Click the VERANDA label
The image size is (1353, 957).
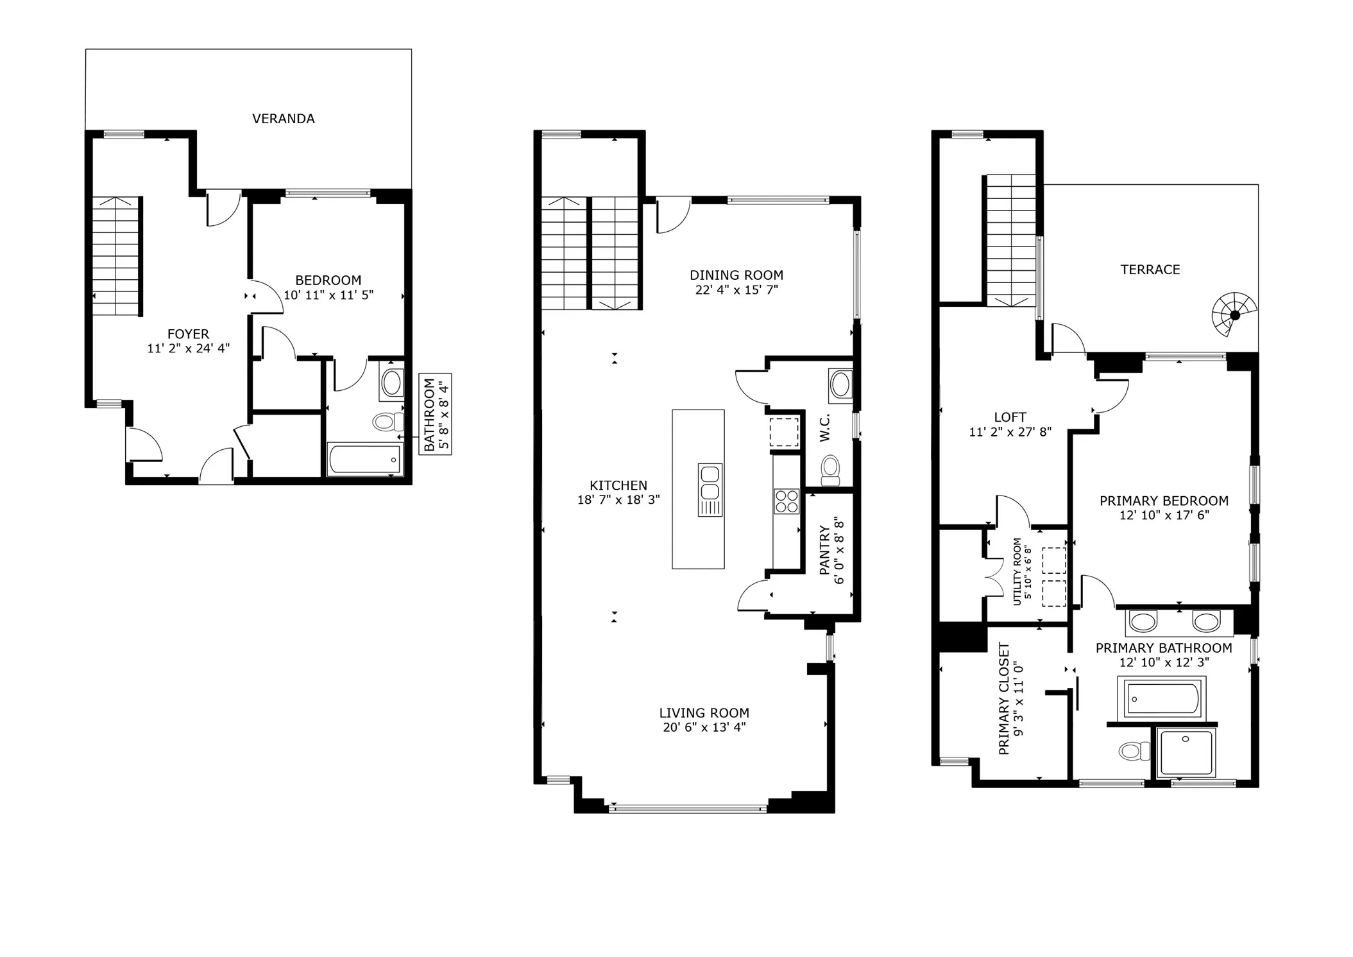point(283,119)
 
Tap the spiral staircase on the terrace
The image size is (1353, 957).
point(1234,315)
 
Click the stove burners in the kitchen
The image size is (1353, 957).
point(787,501)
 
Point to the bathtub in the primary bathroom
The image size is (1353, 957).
point(1162,698)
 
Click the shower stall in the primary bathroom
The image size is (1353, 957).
point(1186,751)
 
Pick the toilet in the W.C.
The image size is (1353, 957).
point(830,470)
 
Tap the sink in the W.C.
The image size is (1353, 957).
point(840,385)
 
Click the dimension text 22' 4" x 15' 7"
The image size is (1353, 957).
point(736,290)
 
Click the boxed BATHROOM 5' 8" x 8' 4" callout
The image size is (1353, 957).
point(435,414)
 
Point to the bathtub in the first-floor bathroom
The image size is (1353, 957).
point(364,460)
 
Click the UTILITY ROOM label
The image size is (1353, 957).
point(1017,571)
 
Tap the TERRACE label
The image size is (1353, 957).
point(1150,270)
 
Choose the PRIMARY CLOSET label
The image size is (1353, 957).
point(1004,698)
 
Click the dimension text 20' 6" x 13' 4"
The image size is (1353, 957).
point(704,727)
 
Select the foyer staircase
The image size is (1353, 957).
point(116,255)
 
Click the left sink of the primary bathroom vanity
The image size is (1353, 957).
point(1143,621)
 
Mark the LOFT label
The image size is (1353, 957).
point(1010,417)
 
